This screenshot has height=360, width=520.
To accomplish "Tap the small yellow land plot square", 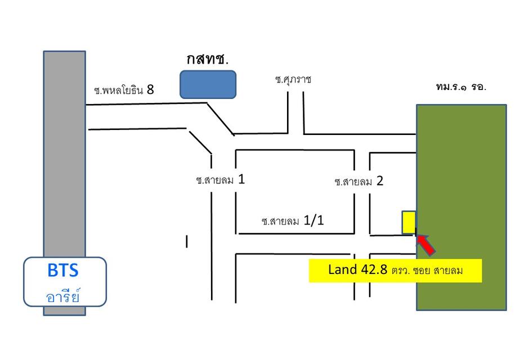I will coord(409,222).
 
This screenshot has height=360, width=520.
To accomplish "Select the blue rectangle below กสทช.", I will coord(208,84).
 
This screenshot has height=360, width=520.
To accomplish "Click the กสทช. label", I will coord(208,60).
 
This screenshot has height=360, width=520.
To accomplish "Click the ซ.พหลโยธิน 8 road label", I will coord(124,90).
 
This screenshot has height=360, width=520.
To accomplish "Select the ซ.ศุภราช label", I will coord(293,79).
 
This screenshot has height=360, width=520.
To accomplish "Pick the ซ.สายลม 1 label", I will coord(220,180).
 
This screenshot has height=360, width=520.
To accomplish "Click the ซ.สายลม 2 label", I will coord(358,181).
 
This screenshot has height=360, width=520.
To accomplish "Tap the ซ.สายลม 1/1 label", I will coord(293,220).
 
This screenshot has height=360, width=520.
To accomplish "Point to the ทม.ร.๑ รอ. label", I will coord(461,87).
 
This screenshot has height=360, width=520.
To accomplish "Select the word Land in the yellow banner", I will coord(343,269).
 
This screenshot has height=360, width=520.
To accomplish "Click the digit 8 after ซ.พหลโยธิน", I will coord(150,89).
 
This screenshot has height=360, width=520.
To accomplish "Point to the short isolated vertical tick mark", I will coord(187,241).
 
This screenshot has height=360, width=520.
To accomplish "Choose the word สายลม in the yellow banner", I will coord(448,271).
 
